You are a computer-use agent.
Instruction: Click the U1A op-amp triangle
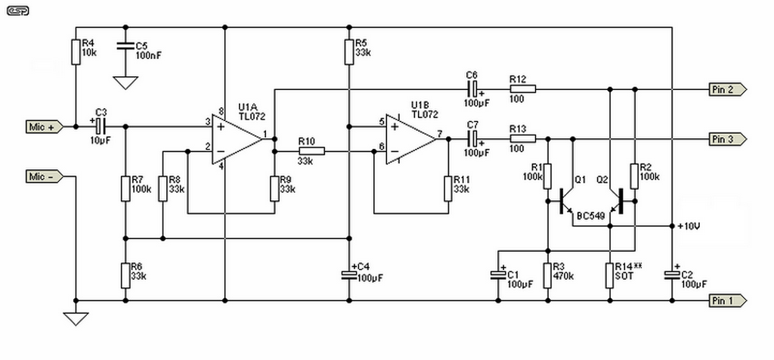(239, 139)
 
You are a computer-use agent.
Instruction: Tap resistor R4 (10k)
(76, 52)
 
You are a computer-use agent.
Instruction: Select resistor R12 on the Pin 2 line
(522, 89)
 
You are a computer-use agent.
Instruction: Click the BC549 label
(591, 216)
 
